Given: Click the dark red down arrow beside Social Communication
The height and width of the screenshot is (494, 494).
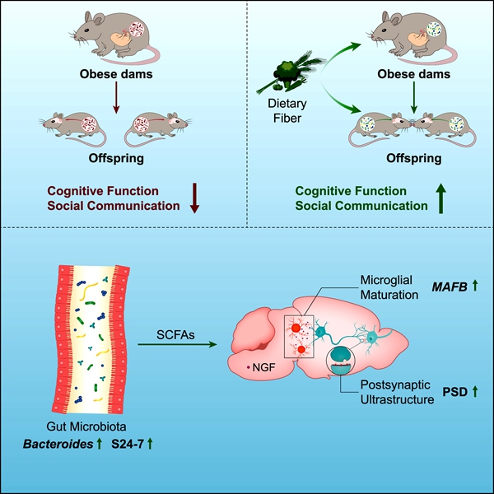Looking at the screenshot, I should (x=195, y=198).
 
